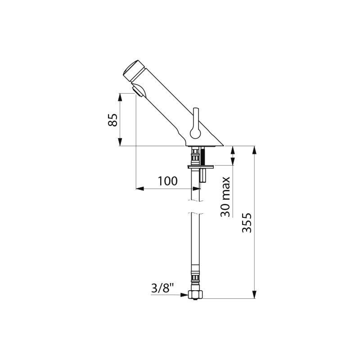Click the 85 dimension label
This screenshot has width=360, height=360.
[x=113, y=120]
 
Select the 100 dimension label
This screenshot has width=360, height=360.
[x=167, y=181]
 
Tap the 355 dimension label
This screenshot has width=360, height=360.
[x=247, y=223]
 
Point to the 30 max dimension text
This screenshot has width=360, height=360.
[x=225, y=197]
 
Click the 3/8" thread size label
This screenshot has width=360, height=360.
[x=163, y=288]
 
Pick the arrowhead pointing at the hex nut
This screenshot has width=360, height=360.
[x=184, y=295]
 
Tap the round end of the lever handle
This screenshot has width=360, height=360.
[x=195, y=133]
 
